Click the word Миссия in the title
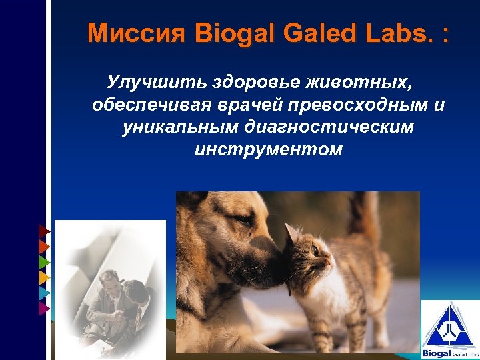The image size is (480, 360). [x=138, y=33]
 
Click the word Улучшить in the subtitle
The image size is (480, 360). [x=155, y=83]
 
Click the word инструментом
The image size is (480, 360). [x=268, y=149]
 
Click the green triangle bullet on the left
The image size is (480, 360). [x=44, y=261]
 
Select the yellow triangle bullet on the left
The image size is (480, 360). [x=44, y=277]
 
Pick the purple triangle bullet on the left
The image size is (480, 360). [x=44, y=307]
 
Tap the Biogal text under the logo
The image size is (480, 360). [x=437, y=353]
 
